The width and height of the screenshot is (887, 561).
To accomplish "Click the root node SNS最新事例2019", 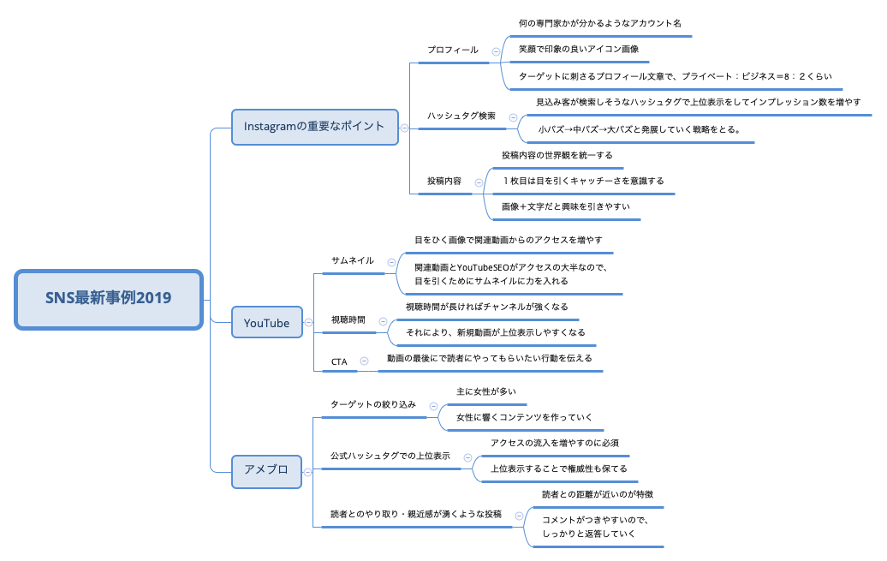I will (109, 298).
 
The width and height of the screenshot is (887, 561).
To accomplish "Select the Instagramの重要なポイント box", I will (314, 127).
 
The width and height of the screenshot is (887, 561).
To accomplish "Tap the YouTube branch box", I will (266, 323).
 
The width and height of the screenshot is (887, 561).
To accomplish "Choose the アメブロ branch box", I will (266, 470).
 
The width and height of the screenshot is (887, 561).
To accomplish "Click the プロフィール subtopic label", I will (453, 51).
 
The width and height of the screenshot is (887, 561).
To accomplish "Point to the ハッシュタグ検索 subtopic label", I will (461, 116).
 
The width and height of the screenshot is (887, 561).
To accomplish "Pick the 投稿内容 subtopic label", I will (444, 182).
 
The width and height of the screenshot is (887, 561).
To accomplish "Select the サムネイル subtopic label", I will (353, 260).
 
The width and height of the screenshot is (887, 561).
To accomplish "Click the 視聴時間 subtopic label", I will (348, 319).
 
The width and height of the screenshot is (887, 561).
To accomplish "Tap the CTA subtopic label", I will (339, 362).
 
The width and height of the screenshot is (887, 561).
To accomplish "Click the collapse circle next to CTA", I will (364, 361).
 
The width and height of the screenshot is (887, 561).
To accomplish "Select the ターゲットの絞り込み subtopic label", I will (373, 404).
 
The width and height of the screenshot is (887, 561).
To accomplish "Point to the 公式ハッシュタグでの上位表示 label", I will (390, 457).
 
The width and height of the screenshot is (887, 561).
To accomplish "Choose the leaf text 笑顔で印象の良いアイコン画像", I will (578, 50).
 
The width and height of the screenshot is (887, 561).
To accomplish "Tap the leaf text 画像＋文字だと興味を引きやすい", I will (566, 206).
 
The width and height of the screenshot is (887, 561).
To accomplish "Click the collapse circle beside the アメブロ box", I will (307, 470).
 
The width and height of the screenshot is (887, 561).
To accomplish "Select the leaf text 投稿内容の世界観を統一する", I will (557, 155).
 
